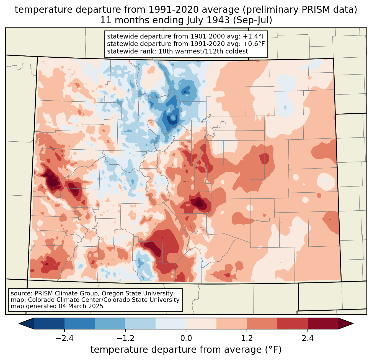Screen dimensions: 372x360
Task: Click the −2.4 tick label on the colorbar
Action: pos(64,338)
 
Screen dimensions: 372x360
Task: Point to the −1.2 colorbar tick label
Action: pos(125,338)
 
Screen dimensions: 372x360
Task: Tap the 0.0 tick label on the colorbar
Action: pos(186,338)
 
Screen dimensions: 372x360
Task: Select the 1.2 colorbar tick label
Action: pos(247,338)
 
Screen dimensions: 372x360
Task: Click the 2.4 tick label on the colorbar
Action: pos(308,338)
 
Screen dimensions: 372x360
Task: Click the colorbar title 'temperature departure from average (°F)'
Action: pos(186,349)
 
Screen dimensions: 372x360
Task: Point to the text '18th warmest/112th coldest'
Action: pos(203,51)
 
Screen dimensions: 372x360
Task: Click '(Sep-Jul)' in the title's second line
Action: pos(252,20)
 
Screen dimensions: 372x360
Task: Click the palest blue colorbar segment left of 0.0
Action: pos(171,323)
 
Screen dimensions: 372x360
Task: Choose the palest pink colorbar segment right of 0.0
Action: pos(201,323)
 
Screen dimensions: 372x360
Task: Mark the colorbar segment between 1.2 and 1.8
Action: pos(262,323)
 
